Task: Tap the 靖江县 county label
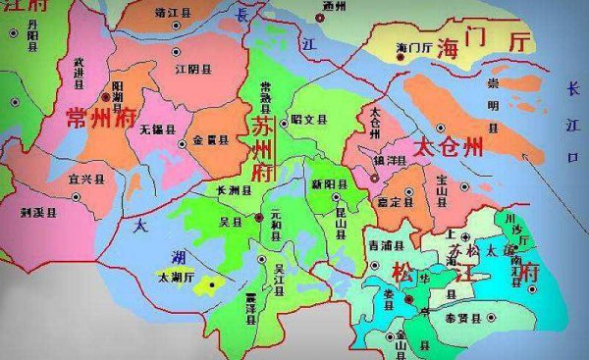tap(176, 15)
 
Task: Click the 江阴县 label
tap(193, 70)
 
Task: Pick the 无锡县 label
tap(157, 129)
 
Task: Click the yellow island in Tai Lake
tap(206, 285)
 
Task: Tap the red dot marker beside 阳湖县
tap(106, 98)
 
